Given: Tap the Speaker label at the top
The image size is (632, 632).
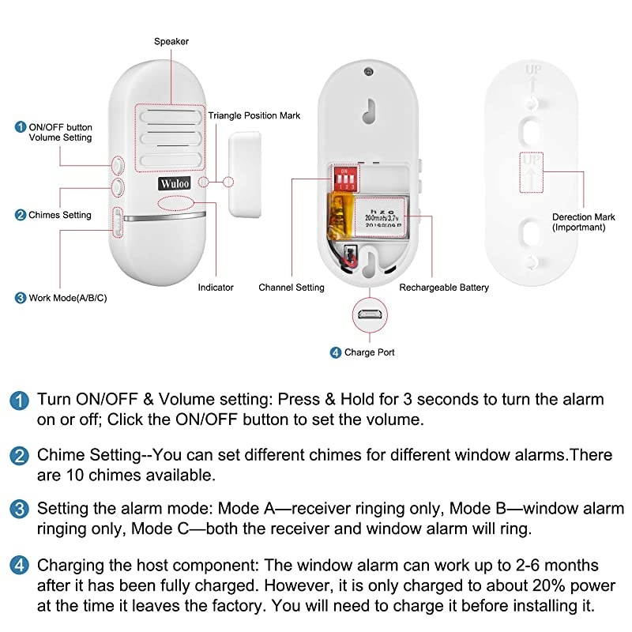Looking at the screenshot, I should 171,41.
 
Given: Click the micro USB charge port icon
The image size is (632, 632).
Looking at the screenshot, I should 367,314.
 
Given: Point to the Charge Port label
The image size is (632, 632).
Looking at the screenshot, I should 369,352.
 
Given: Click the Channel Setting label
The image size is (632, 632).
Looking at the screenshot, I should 292,288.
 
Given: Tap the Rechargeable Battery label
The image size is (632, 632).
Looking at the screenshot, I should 444,288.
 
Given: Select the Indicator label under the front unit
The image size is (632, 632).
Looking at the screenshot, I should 216,288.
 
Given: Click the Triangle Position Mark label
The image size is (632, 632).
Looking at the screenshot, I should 254,115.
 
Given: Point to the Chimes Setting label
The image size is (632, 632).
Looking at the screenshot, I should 59,215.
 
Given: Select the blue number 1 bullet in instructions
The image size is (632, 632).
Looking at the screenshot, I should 20,400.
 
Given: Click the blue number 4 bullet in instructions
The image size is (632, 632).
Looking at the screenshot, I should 20,566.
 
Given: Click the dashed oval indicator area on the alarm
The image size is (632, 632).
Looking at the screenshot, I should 179,204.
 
